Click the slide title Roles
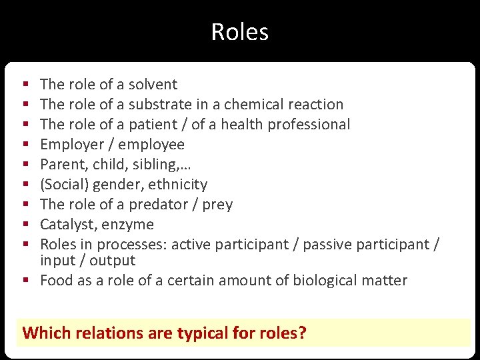(239, 32)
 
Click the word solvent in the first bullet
(153, 85)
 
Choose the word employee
(152, 145)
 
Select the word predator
(156, 205)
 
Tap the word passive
(326, 245)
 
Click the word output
(112, 261)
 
